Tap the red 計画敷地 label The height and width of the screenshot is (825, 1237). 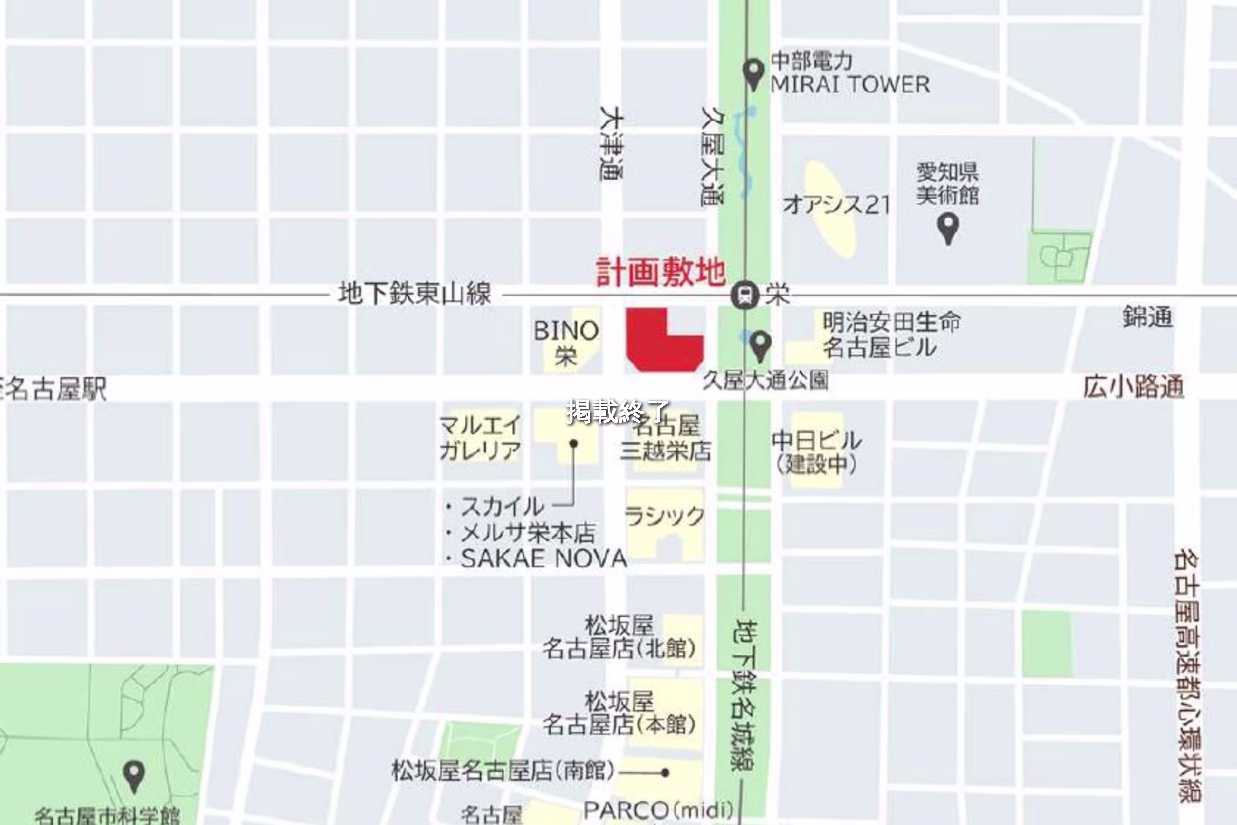(661, 273)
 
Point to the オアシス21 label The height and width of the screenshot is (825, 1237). (836, 205)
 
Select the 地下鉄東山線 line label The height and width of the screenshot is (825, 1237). (415, 294)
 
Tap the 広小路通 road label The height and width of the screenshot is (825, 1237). (1133, 388)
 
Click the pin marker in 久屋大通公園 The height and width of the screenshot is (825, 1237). (760, 345)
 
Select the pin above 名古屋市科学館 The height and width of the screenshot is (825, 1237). (134, 776)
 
